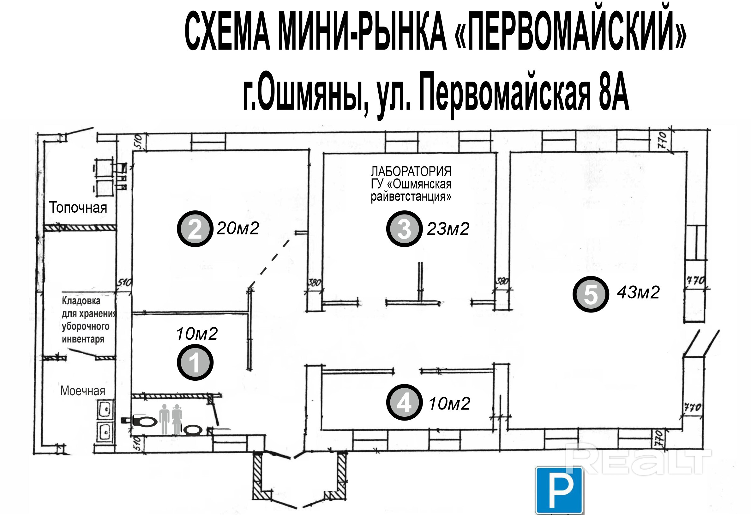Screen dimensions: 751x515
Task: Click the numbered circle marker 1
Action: tap(195, 362)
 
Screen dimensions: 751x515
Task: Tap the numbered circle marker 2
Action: tap(195, 229)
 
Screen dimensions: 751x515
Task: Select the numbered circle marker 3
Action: tap(404, 229)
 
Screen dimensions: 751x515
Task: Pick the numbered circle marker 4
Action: tap(404, 402)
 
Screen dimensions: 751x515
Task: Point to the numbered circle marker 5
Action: tap(591, 294)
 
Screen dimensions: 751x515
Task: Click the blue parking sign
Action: tap(559, 490)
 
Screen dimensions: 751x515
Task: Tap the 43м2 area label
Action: tap(638, 293)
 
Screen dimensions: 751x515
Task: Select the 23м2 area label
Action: tap(448, 229)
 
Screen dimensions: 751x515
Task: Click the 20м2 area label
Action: tap(238, 228)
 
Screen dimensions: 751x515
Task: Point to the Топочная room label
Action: tap(78, 208)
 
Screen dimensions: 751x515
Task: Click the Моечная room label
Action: tap(83, 391)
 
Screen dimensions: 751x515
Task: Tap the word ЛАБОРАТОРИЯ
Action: tap(411, 171)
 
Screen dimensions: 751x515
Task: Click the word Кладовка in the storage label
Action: tap(81, 301)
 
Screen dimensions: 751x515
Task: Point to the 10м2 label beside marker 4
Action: tap(449, 403)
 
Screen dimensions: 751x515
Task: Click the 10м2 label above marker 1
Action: tap(197, 334)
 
